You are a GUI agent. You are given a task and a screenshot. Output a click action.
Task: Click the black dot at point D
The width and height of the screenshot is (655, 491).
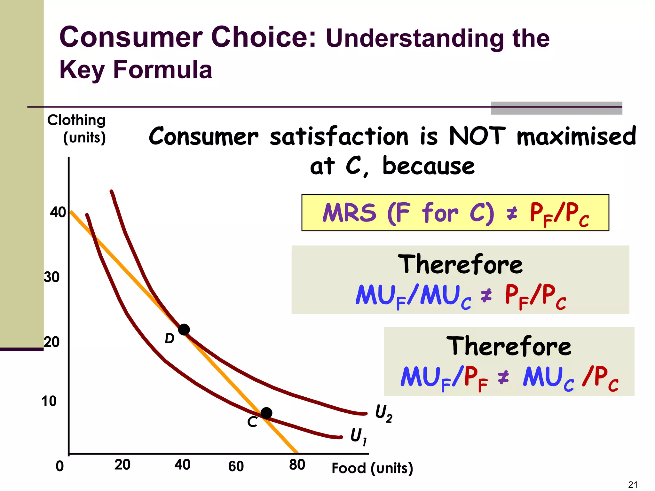[184, 330]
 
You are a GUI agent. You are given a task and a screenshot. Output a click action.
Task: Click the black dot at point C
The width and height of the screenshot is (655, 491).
[266, 413]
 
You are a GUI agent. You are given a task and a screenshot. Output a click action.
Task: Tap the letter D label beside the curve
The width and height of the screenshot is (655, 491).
[170, 339]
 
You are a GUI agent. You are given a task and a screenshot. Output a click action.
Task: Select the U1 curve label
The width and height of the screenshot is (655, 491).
[359, 436]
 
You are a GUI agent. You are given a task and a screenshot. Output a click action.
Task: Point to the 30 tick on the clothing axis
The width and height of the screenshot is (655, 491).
[52, 277]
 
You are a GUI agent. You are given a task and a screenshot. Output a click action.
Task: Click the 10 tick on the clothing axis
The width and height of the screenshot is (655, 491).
[49, 401]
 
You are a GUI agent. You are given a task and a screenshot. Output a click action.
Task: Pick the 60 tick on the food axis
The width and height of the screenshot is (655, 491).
[236, 466]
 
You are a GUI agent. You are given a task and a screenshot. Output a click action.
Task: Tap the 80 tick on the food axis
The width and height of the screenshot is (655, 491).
[297, 465]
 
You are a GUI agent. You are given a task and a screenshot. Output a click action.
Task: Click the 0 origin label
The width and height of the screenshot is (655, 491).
[60, 466]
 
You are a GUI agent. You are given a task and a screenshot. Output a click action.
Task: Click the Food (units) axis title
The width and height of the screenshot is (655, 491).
[372, 468]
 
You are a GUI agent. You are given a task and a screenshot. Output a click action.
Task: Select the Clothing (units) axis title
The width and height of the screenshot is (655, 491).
[77, 129]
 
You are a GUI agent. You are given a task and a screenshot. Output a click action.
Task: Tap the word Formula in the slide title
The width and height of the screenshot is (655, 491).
[163, 69]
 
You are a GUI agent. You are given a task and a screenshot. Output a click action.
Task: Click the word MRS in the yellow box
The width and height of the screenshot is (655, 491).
[349, 213]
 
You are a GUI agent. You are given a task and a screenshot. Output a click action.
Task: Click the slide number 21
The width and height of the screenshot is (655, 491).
[633, 485]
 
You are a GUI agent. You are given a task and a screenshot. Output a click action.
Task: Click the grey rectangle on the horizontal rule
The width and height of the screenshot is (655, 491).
[556, 108]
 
